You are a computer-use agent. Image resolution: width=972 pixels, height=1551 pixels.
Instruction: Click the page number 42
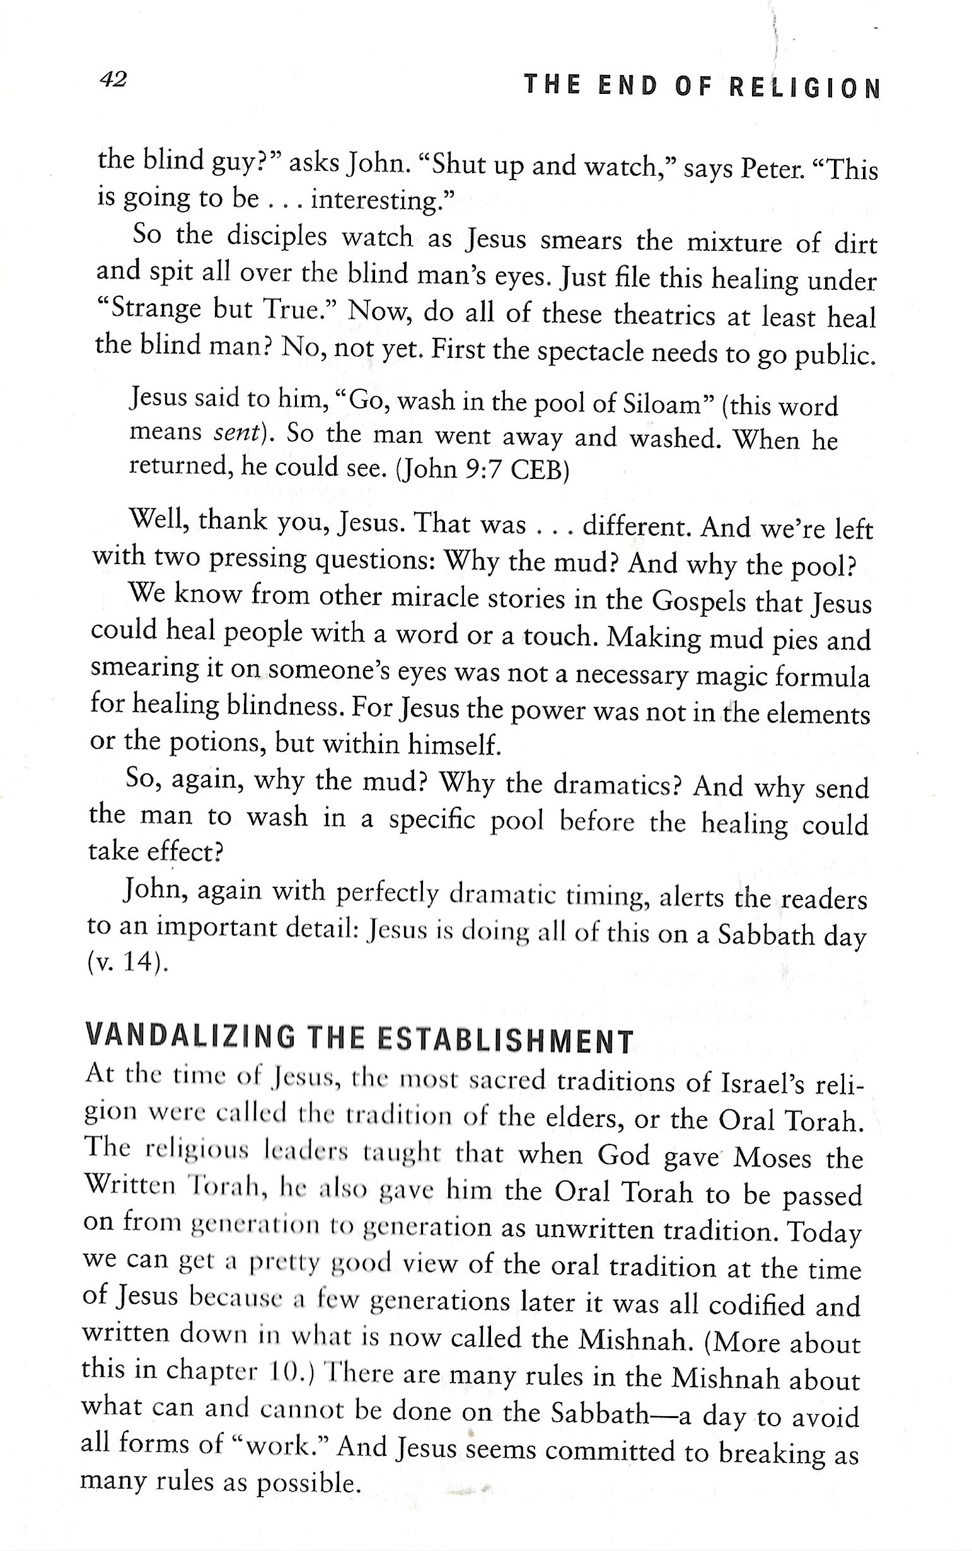pyautogui.click(x=113, y=79)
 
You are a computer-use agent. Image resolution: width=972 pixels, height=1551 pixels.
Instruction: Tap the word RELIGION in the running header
pyautogui.click(x=804, y=87)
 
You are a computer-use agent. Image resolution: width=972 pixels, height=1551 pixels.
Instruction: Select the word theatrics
pyautogui.click(x=664, y=315)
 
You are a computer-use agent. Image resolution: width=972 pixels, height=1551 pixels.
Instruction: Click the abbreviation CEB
pyautogui.click(x=538, y=471)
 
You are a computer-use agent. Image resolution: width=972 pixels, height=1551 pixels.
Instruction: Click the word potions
pyautogui.click(x=218, y=743)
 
